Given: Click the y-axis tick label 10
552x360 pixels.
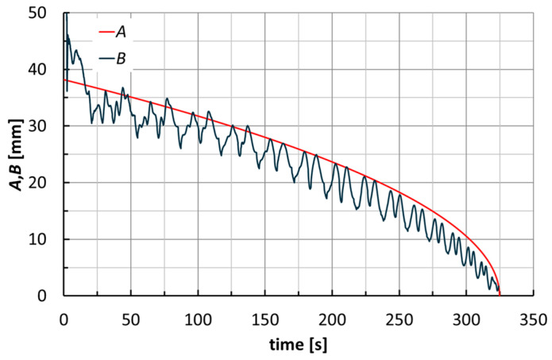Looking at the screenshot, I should click(47, 239).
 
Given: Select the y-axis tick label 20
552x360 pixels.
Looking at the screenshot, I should click(47, 183).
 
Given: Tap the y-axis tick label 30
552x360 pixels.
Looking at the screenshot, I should click(47, 126).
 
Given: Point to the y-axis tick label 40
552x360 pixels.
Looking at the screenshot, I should click(47, 70).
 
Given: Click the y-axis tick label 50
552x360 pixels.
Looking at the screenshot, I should click(47, 14).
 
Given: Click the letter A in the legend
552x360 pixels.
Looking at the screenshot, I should click(121, 34).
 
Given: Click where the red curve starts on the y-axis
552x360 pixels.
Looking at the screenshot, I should click(64, 80).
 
